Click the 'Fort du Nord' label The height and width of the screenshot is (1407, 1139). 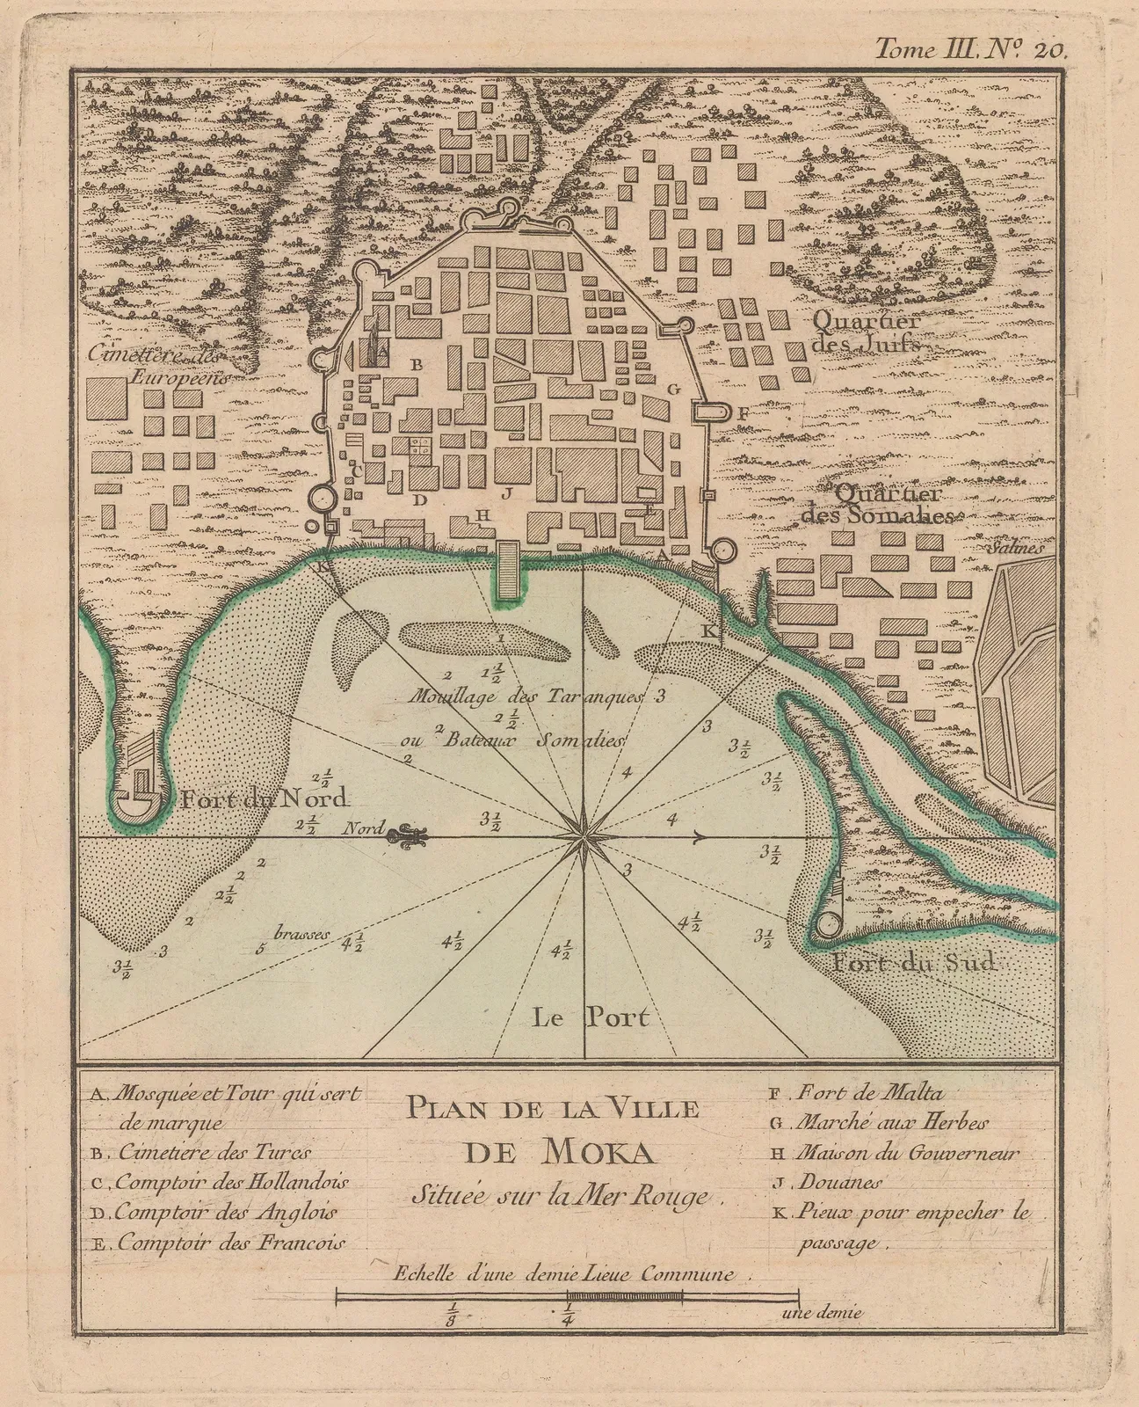point(265,799)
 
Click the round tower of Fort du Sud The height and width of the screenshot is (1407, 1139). point(827,924)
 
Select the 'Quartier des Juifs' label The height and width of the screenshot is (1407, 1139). point(867,331)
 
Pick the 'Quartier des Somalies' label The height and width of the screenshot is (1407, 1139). point(879,505)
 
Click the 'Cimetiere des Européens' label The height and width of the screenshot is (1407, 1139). point(157,366)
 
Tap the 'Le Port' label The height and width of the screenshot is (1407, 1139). point(591,1017)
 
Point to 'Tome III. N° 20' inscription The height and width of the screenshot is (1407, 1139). point(969,50)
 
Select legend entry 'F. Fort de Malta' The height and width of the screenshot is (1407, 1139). point(857,1094)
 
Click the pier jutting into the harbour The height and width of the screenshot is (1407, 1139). point(505,572)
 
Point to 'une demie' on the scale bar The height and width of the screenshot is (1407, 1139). point(821,1313)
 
